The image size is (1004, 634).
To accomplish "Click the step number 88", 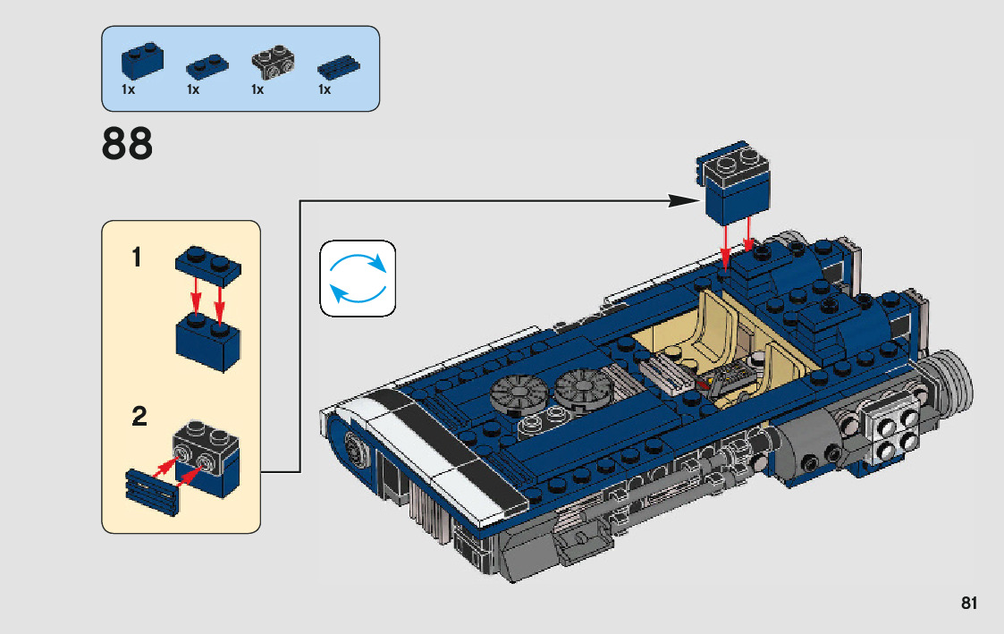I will pos(128,144).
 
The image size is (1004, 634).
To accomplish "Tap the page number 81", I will pos(969,604).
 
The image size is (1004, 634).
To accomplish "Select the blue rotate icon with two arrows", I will pos(358,277).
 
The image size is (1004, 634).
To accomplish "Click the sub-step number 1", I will pos(137,258).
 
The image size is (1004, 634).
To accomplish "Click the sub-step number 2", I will pos(139,417).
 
